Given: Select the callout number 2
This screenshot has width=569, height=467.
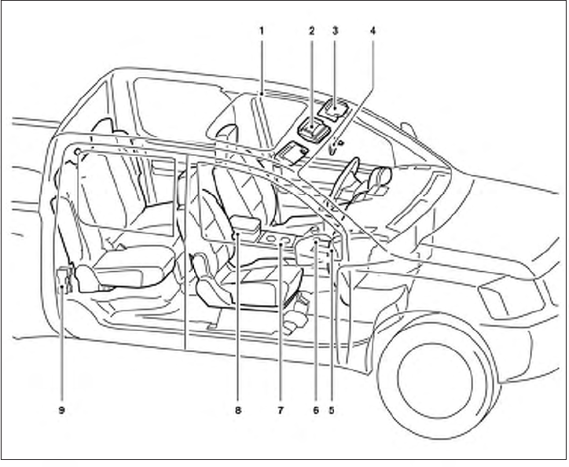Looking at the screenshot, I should (311, 31).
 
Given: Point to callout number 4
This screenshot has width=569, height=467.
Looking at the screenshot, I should (373, 31).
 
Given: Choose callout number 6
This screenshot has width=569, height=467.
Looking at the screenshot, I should (314, 410).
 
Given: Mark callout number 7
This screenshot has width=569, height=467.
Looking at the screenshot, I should (280, 410).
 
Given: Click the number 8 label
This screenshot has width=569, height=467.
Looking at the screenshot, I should (238, 410).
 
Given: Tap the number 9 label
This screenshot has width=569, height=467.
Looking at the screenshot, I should (61, 410).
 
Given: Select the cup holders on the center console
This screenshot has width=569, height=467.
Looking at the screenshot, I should (280, 238).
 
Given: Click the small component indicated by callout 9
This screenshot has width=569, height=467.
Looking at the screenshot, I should (64, 278).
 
